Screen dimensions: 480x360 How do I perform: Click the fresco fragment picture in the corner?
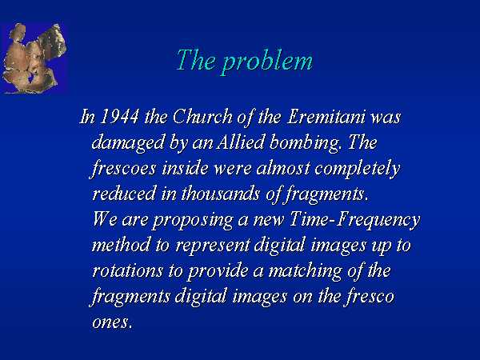coord(34,58)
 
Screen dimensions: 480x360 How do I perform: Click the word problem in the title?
coord(267,62)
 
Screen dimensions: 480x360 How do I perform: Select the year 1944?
coord(119,117)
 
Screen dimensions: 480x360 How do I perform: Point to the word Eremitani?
coord(326,117)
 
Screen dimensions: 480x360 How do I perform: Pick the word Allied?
coord(240,142)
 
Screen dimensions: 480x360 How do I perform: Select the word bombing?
coord(304,143)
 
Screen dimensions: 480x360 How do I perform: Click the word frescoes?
coord(123,169)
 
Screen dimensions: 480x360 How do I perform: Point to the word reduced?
coord(124,194)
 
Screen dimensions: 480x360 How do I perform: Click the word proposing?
coord(192,221)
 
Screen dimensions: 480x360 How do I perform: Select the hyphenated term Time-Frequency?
coord(354,220)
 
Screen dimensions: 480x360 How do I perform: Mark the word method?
coord(122,246)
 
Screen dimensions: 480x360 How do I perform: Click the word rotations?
coord(128,271)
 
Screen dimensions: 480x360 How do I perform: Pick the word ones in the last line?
coord(112,323)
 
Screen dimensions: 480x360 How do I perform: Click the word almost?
coord(283,168)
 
